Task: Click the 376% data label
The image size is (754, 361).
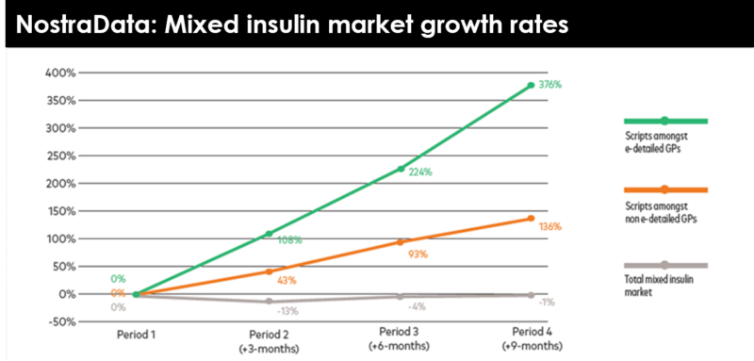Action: pyautogui.click(x=550, y=85)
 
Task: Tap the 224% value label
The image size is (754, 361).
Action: pyautogui.click(x=420, y=172)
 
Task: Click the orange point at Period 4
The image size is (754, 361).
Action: pyautogui.click(x=532, y=219)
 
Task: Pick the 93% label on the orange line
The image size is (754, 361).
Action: pyautogui.click(x=418, y=254)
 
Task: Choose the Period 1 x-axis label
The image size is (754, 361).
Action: pyautogui.click(x=137, y=335)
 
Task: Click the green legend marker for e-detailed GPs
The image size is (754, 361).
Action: pyautogui.click(x=664, y=121)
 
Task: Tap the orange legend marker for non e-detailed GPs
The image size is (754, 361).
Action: pyautogui.click(x=664, y=189)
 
